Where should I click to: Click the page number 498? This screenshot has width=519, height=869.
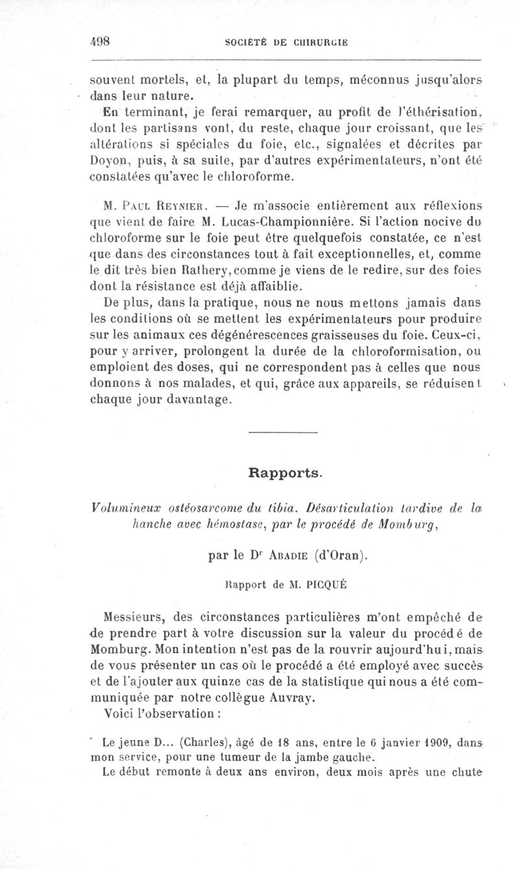(102, 40)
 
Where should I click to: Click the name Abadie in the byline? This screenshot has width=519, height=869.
(280, 555)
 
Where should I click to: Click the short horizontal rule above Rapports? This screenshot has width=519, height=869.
(283, 432)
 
